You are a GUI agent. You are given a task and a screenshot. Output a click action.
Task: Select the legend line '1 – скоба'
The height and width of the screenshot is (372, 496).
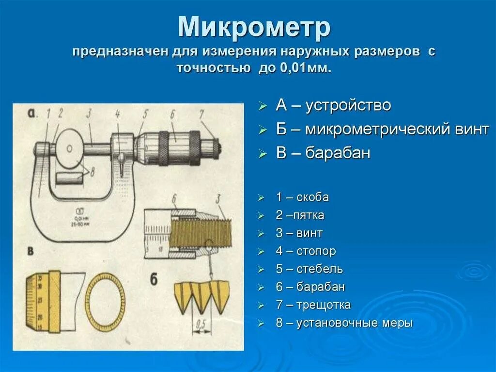[x=302, y=197]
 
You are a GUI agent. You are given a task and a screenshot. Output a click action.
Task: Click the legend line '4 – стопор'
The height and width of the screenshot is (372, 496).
[x=306, y=251]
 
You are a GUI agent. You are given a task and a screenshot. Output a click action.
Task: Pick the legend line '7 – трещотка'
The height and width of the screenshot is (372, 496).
[x=313, y=305]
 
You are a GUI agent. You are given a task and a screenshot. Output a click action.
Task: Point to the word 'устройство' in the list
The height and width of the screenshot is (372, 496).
[x=348, y=105]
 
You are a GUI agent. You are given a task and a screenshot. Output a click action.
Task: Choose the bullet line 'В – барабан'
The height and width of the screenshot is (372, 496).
[x=323, y=153]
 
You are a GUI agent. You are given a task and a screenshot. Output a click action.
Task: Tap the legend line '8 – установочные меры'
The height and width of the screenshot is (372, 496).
[x=344, y=323]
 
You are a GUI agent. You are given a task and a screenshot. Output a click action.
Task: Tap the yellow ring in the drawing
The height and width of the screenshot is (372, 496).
[x=105, y=299]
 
